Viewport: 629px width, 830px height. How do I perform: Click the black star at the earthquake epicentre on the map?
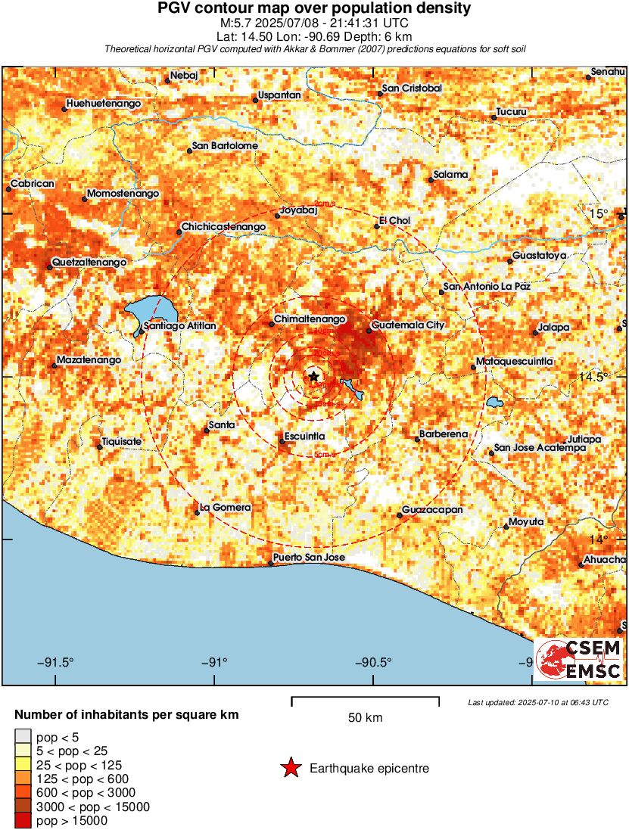tap(314, 376)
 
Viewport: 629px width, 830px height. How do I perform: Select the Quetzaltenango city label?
tap(89, 263)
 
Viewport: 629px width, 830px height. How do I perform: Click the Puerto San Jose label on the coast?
tap(309, 558)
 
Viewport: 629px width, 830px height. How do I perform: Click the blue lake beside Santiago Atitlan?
tap(151, 310)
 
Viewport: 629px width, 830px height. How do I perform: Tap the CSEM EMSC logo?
tap(579, 658)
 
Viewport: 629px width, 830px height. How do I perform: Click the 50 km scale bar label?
tap(365, 718)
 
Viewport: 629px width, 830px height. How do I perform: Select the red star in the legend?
tap(290, 769)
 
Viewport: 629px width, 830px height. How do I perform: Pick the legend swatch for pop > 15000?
tap(23, 821)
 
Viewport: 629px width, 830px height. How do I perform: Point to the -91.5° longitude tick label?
tap(55, 663)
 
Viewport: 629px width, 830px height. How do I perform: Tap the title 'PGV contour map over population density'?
tap(314, 8)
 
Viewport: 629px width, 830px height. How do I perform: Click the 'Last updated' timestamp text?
tap(537, 703)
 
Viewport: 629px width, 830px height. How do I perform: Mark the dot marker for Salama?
tap(430, 180)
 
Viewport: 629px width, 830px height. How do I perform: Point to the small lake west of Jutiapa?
tap(496, 402)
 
